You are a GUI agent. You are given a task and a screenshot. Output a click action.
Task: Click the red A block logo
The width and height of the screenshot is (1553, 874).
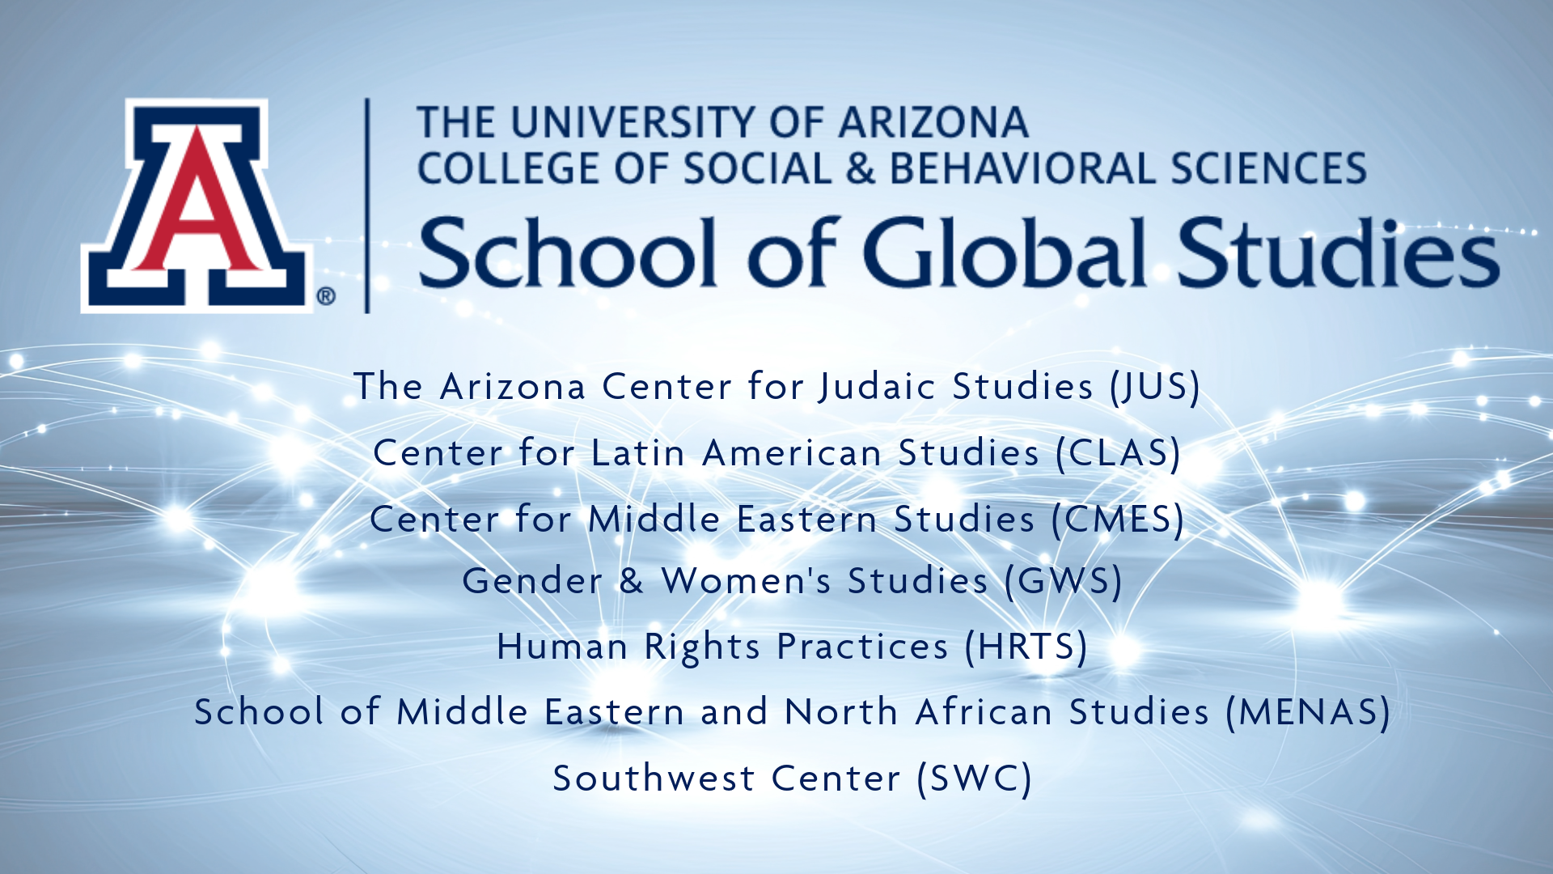coord(197,206)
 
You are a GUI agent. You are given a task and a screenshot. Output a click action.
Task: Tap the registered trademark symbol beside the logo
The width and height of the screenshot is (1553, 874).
coord(326,296)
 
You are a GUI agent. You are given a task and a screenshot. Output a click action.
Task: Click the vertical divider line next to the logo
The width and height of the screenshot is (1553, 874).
coord(368,206)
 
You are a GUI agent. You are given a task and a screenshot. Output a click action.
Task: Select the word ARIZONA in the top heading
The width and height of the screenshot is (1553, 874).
coord(933,123)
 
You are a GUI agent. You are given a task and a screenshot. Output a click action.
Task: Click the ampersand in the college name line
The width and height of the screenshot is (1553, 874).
coord(861,168)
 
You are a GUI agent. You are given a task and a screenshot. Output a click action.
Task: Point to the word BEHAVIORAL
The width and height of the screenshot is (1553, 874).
coord(1024,168)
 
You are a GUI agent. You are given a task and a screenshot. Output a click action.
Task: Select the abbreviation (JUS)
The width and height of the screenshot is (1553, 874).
coord(1155,387)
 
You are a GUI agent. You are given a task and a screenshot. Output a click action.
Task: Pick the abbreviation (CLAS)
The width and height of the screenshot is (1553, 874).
coord(1119,453)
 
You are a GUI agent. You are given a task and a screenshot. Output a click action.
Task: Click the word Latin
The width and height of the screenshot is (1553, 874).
coord(638,453)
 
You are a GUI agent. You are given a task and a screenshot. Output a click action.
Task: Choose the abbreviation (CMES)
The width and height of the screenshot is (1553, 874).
coord(1118,520)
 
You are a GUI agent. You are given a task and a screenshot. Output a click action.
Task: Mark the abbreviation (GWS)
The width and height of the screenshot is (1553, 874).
coord(1064,581)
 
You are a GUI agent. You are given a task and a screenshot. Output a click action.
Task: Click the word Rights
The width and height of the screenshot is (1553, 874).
coord(702,647)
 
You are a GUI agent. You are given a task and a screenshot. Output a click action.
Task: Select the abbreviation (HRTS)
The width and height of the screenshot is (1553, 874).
coord(1026,647)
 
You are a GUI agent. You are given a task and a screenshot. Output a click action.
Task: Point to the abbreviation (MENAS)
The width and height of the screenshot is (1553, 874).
coord(1308,713)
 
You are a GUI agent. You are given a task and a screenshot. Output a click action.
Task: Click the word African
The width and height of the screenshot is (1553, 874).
coord(984,712)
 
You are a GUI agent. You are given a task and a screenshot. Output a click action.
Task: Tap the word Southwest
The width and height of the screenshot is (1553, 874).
coord(654,779)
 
